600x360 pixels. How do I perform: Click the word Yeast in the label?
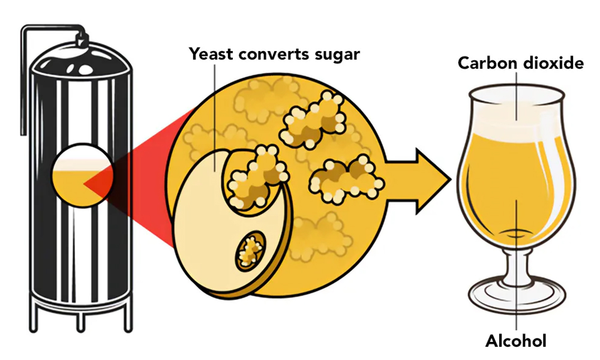[x=212, y=54]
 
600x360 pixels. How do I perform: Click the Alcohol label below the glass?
[x=515, y=341]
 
